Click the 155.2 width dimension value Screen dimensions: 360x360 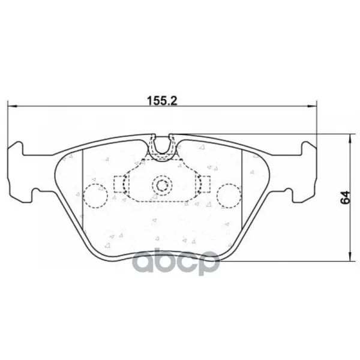click(x=162, y=101)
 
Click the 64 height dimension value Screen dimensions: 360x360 click(x=346, y=197)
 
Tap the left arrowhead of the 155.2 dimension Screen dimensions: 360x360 click(x=13, y=106)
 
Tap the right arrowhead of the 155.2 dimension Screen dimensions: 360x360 click(x=312, y=106)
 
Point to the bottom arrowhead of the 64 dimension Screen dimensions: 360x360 click(x=350, y=256)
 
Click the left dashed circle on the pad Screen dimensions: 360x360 click(x=95, y=196)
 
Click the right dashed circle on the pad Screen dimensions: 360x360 click(x=229, y=196)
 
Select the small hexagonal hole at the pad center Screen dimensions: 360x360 click(x=162, y=185)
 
